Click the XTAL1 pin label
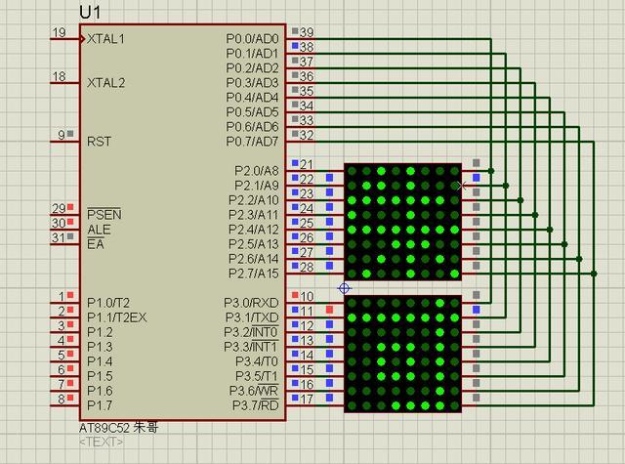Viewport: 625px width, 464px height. click(x=105, y=39)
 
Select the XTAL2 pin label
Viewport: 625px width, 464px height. click(x=105, y=83)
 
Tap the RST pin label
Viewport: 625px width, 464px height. click(x=99, y=141)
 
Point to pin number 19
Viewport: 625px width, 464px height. click(x=59, y=33)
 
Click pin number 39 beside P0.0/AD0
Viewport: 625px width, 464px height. click(x=307, y=33)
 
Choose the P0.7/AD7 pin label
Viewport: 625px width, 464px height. click(x=252, y=142)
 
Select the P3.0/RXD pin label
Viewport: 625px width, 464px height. click(x=252, y=303)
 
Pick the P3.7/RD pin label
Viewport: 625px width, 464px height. click(x=254, y=405)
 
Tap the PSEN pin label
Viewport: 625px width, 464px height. click(x=104, y=214)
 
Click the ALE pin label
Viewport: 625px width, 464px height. click(x=99, y=229)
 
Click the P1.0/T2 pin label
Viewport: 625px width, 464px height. click(x=107, y=303)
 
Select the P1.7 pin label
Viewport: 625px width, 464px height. click(x=99, y=405)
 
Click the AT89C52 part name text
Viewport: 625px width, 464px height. click(x=104, y=428)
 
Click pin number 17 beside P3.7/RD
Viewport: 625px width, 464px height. click(x=307, y=399)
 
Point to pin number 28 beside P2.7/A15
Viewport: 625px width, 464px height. click(x=307, y=267)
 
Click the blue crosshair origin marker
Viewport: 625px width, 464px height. click(x=344, y=288)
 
